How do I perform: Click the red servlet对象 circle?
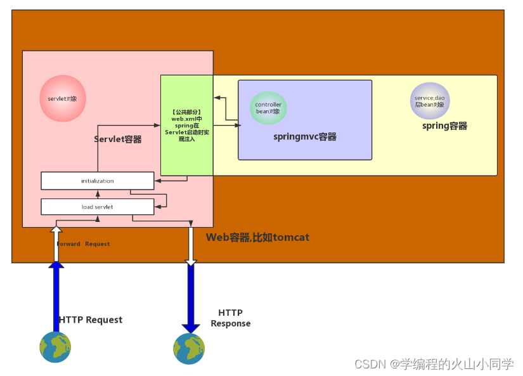pos(62,99)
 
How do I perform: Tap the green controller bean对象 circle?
pos(268,108)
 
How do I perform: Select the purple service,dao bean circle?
pos(429,101)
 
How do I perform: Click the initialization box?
pos(97,181)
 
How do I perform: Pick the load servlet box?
pos(97,207)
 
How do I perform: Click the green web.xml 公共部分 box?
pos(186,125)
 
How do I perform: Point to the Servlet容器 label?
pos(118,139)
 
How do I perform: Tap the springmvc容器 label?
pos(304,137)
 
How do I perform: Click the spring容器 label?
pos(444,126)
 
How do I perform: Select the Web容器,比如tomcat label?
pos(257,237)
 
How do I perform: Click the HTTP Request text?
pos(91,320)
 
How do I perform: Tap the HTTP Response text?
pos(231,318)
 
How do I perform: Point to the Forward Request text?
pos(84,244)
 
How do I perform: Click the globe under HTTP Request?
pos(55,347)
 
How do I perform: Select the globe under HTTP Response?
pos(190,348)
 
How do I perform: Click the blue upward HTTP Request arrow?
pos(56,295)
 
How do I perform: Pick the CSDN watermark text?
pos(434,364)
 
